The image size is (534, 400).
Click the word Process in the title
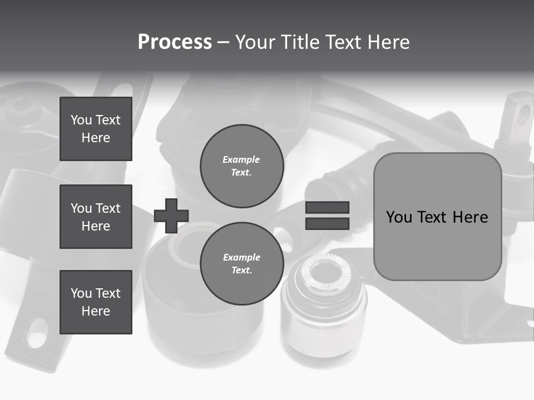click(175, 42)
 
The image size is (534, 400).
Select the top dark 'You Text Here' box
click(96, 129)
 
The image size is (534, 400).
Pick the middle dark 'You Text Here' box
click(96, 217)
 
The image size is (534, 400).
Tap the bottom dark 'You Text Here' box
click(96, 302)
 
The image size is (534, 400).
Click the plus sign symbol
click(171, 216)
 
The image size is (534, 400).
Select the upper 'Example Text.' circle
click(241, 166)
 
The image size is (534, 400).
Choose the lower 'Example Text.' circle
click(241, 264)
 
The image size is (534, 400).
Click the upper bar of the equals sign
click(327, 207)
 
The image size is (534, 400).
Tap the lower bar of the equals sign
click(327, 223)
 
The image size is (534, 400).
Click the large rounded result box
click(437, 217)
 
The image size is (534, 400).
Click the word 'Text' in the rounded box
click(434, 217)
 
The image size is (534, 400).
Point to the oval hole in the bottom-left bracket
click(37, 332)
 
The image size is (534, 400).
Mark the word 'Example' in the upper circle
click(241, 159)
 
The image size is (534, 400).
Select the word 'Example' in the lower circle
click(241, 257)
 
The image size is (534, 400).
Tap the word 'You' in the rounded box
click(399, 217)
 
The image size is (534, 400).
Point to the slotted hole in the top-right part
click(523, 116)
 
